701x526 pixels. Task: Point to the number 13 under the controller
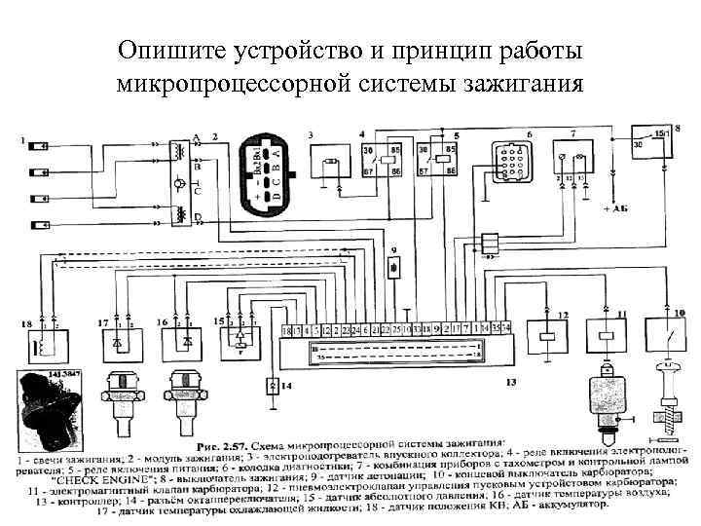click(x=510, y=384)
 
